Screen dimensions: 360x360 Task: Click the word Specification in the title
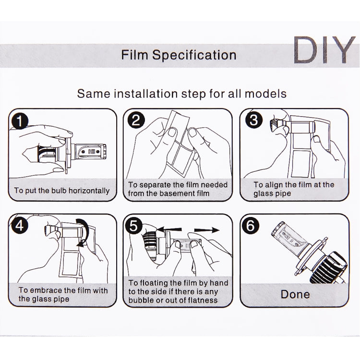coord(194,55)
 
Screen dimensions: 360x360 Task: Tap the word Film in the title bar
coord(135,55)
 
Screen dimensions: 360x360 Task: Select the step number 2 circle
coord(136,120)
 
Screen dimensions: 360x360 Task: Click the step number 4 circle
coord(21,226)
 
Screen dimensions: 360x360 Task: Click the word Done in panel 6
coord(295,293)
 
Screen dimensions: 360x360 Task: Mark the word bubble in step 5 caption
coord(140,300)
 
